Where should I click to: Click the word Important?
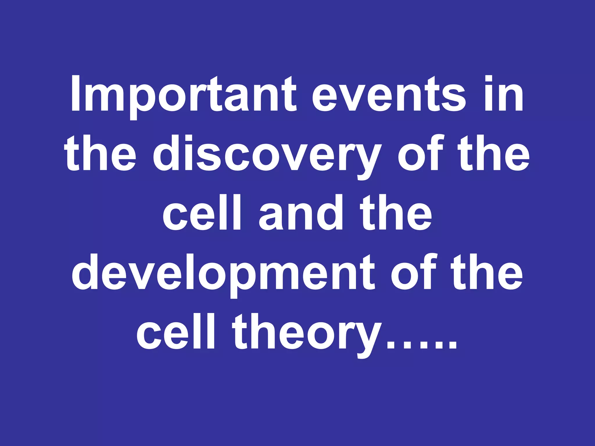[x=183, y=94]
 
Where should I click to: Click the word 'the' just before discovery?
[x=100, y=154]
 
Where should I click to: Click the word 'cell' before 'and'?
[x=202, y=213]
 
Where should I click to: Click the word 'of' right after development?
[x=414, y=273]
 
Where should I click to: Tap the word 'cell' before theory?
[x=176, y=332]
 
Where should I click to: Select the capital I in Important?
[x=75, y=94]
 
